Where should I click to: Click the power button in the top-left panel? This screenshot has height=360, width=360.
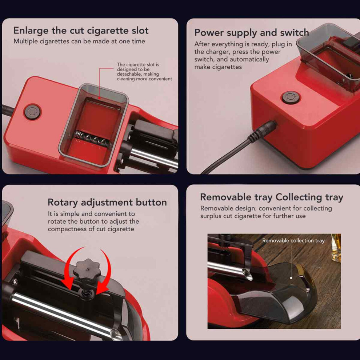(x=33, y=112)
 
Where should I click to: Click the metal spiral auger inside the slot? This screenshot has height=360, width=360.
(x=92, y=137)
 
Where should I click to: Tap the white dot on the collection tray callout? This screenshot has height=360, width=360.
(x=291, y=278)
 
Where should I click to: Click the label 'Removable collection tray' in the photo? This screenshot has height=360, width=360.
(x=293, y=240)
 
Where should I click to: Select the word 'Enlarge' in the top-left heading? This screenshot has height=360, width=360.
(x=31, y=31)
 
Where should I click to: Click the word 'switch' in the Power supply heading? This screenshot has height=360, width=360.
(x=294, y=33)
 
